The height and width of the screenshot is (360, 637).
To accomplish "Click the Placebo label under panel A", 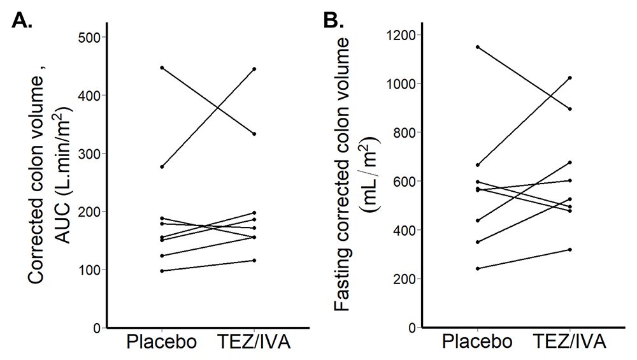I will point(162,342).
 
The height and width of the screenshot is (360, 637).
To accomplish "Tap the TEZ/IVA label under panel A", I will point(254,342).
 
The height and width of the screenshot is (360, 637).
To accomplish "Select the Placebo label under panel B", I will point(478,342).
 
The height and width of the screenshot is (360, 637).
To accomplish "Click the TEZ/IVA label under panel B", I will point(570,342).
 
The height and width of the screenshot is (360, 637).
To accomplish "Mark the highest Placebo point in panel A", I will point(162,68).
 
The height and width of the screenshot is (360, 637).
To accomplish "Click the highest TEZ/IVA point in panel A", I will point(254,69).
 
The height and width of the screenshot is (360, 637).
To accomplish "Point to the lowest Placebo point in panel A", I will point(162,271).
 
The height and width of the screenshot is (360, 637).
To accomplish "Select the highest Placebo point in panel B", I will point(478,47).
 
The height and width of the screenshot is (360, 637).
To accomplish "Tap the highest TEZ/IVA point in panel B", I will point(570,78).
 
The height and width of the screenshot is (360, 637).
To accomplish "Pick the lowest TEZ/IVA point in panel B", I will point(570,250).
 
